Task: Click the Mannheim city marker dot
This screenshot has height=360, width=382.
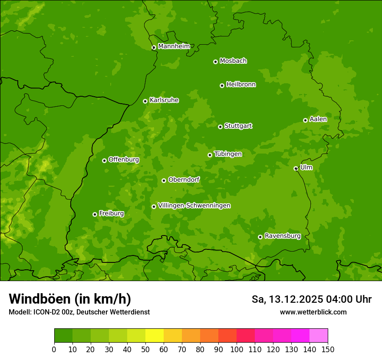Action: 154,48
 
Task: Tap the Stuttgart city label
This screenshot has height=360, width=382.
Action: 238,126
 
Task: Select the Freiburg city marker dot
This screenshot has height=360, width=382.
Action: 95,214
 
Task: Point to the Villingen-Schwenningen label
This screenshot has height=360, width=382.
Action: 194,206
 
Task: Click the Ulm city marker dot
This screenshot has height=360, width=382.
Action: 296,169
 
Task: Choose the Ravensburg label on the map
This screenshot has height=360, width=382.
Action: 282,236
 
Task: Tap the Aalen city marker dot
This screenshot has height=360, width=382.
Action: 305,120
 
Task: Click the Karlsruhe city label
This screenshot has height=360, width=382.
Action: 164,100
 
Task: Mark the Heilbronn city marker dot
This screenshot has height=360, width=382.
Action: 222,85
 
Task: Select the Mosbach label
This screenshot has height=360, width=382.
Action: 233,61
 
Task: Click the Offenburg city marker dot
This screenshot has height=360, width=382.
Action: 104,160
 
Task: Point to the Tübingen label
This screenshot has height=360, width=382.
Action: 227,154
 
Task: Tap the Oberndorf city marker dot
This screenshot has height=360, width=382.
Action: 164,180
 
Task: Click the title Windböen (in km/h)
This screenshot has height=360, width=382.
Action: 69,299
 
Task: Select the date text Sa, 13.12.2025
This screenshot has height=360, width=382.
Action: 287,299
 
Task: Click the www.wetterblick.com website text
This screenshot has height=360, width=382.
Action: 313,312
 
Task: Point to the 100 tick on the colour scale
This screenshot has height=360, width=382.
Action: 237,349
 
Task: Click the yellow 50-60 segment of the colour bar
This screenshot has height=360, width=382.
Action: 155,336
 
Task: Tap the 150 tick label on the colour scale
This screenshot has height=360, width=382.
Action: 328,349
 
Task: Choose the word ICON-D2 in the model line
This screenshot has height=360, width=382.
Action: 46,312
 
